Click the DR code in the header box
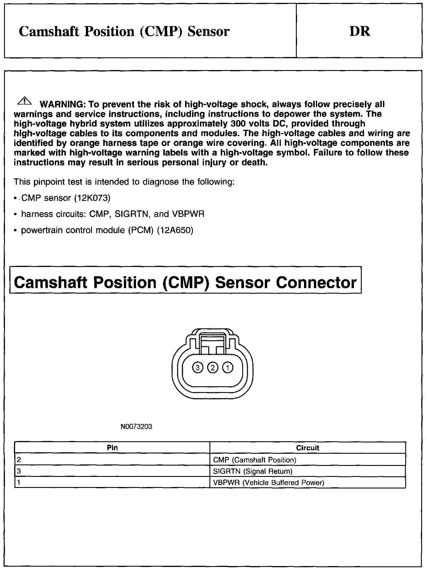(360, 31)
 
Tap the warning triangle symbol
(25, 101)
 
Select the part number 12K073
(92, 198)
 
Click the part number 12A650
(175, 230)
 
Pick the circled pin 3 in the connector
(198, 368)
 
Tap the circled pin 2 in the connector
(213, 368)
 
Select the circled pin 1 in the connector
(228, 368)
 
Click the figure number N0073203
(136, 427)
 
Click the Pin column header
(112, 448)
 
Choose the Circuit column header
(307, 448)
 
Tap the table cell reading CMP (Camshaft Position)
(254, 460)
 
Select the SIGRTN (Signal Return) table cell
(253, 471)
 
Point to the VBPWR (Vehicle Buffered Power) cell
(268, 483)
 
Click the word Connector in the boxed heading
(316, 282)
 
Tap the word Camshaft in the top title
(49, 31)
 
